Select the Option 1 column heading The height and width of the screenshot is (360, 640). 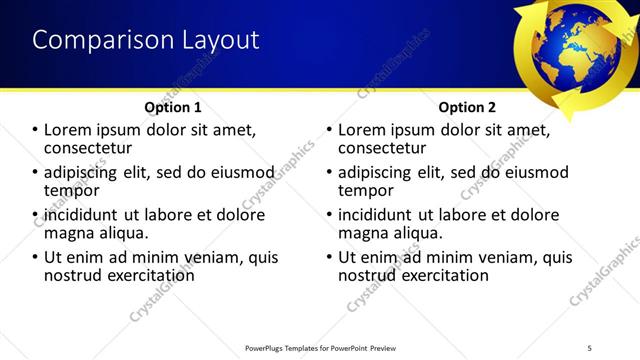(173, 106)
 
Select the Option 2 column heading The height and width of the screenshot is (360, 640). (467, 106)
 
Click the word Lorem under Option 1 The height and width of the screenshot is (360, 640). (71, 129)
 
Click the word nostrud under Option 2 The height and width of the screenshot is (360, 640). (370, 274)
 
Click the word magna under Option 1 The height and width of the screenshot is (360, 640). (69, 232)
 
